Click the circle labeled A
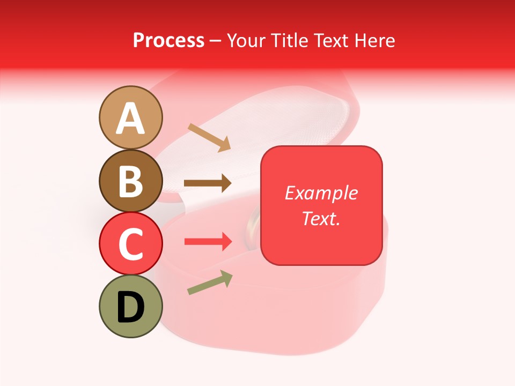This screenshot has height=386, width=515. (x=130, y=117)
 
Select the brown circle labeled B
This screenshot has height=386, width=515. (x=130, y=181)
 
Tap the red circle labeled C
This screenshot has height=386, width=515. (x=130, y=243)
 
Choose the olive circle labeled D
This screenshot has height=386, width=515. (x=130, y=306)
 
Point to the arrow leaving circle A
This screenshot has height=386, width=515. (x=209, y=137)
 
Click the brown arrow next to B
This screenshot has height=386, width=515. (x=208, y=183)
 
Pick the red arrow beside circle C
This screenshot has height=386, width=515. (x=208, y=242)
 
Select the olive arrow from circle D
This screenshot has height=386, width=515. (x=210, y=283)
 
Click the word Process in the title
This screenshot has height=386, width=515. (x=168, y=40)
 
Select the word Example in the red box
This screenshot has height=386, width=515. (x=321, y=193)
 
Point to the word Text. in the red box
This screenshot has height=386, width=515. (x=321, y=218)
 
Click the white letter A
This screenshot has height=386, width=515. (x=130, y=118)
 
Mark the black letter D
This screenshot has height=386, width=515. (x=130, y=307)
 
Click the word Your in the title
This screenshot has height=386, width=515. (x=246, y=40)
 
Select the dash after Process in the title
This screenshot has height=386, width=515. (x=216, y=41)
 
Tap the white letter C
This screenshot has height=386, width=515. (x=130, y=244)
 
